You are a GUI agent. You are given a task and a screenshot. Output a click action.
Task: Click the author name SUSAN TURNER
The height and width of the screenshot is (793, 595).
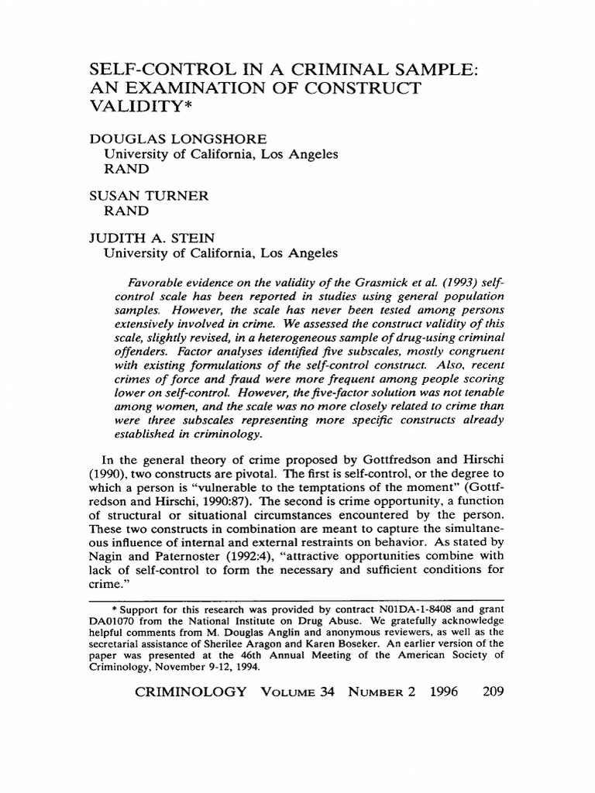(150, 196)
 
